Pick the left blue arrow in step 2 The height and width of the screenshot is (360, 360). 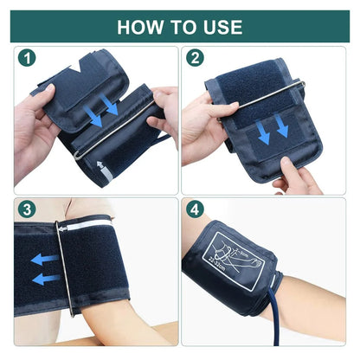261,131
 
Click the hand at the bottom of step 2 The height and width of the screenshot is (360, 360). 299,177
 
